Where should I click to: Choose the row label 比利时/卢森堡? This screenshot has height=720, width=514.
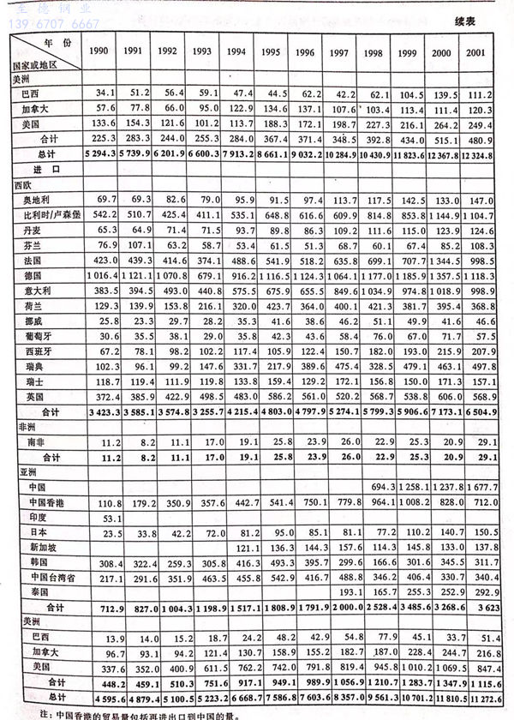45,213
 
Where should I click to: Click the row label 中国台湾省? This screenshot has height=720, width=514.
44,577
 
